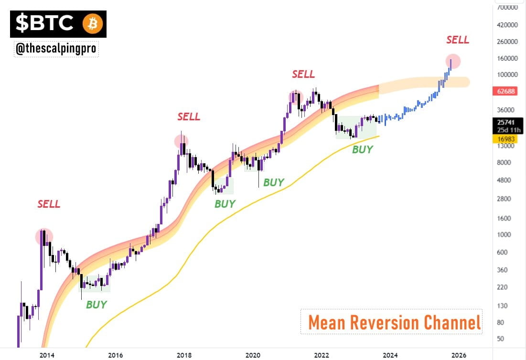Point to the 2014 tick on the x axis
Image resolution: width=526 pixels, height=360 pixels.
click(x=46, y=354)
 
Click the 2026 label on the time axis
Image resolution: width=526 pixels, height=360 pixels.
click(x=459, y=354)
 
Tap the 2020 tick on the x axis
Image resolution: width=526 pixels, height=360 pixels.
click(x=253, y=354)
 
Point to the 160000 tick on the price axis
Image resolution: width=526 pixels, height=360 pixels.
click(x=508, y=58)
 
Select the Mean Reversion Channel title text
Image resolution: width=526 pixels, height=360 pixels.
click(x=394, y=322)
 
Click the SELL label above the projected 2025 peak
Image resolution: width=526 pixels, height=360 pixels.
click(x=457, y=40)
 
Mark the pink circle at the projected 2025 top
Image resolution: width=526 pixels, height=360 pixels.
click(x=453, y=61)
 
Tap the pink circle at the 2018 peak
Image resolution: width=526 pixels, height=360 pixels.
click(x=181, y=141)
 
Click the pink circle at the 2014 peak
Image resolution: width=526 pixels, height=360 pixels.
click(x=44, y=236)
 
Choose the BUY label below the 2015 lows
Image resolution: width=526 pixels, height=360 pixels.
click(x=97, y=305)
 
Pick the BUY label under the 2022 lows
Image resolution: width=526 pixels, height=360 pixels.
click(x=362, y=149)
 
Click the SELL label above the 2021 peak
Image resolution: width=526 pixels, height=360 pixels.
click(x=303, y=74)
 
